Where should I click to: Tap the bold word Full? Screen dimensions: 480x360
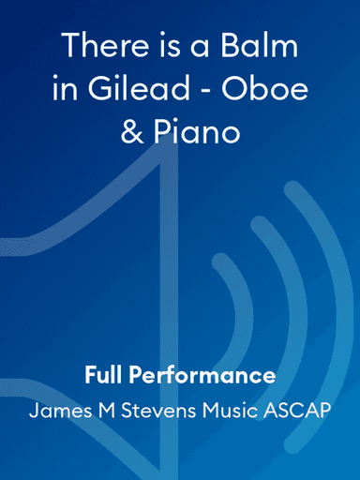pyautogui.click(x=105, y=376)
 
